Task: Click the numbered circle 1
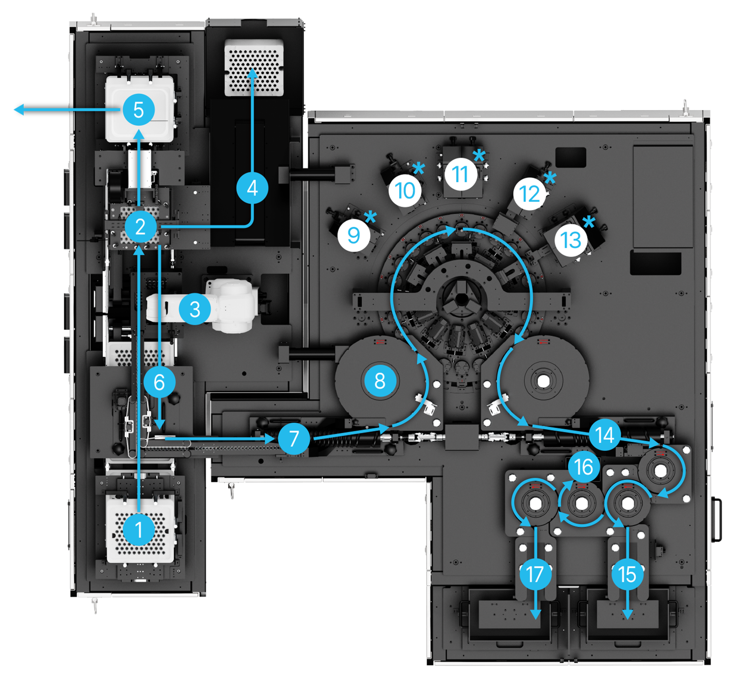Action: click(139, 530)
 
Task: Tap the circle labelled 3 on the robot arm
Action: click(195, 309)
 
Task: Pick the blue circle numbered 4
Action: click(252, 188)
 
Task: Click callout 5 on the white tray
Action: click(139, 110)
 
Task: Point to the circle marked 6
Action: click(159, 382)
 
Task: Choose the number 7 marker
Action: click(294, 438)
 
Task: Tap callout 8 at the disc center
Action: click(380, 381)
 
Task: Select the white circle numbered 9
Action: click(354, 235)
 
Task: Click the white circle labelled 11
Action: click(461, 174)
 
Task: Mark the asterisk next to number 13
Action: click(589, 223)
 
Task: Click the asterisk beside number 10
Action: click(418, 168)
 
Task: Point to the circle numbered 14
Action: click(605, 435)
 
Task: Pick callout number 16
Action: click(584, 467)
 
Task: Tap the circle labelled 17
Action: click(535, 574)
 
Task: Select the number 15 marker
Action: click(627, 574)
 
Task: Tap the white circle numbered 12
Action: click(530, 194)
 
